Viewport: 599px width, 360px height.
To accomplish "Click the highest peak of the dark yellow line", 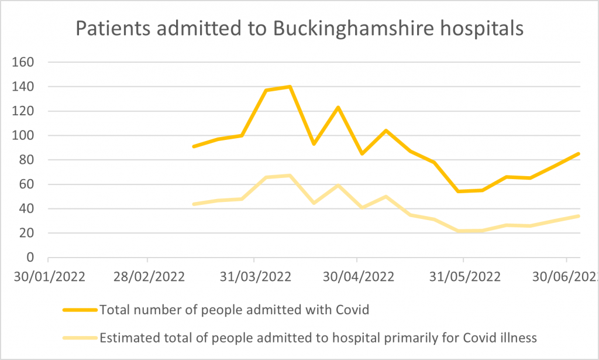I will point(290,87).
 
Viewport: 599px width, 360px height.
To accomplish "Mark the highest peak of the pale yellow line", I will point(290,175).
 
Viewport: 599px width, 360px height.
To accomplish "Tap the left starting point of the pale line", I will point(194,204).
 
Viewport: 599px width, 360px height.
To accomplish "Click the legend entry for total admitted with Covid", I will point(234,310).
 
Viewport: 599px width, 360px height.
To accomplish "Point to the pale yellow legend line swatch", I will point(78,337).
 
